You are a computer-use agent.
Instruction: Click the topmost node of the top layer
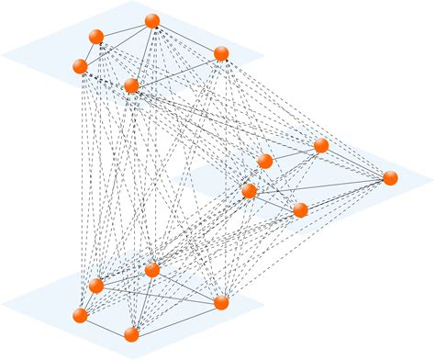(x=152, y=21)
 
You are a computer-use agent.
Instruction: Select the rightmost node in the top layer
(x=220, y=53)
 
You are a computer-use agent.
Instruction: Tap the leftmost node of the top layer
(x=81, y=66)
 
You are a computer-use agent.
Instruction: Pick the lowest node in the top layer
(x=131, y=85)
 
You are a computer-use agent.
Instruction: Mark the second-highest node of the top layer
(x=95, y=37)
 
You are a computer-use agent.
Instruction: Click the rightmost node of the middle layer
(x=390, y=178)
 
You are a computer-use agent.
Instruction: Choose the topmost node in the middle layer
(x=321, y=145)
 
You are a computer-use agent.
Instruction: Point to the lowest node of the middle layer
(x=300, y=210)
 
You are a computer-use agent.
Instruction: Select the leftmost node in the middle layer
(x=249, y=191)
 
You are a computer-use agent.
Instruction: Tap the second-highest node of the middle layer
(x=265, y=161)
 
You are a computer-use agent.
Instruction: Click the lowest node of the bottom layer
(x=131, y=334)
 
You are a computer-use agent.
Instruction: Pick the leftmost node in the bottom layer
(x=81, y=315)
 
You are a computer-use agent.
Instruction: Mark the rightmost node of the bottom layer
(x=220, y=302)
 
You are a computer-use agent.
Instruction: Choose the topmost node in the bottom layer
(x=152, y=270)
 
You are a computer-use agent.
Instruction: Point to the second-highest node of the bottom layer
(x=95, y=285)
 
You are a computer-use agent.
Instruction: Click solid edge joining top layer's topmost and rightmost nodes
(x=186, y=37)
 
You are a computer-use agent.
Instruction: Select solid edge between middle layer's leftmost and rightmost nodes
(x=319, y=185)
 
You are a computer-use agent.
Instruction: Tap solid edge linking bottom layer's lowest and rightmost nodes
(x=176, y=318)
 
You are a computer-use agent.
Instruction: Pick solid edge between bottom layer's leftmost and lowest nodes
(x=106, y=325)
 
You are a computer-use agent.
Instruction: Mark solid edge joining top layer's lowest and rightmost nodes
(x=176, y=69)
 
